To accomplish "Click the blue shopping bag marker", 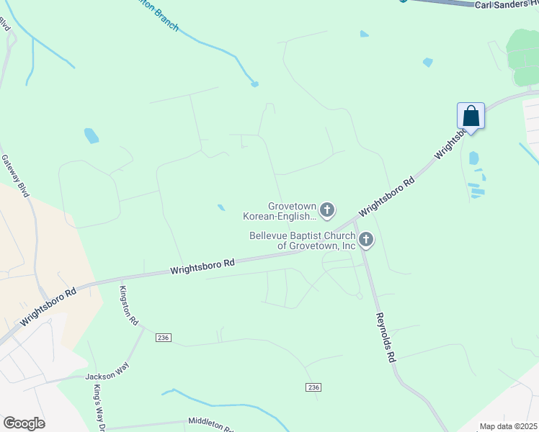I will point(471,116).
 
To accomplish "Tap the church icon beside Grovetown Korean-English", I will point(327,210).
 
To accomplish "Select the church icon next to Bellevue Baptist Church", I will point(366,240).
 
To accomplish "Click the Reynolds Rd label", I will point(385,337).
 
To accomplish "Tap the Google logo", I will point(24,423).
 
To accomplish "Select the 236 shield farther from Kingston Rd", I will point(312,387).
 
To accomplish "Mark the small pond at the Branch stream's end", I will point(254,84).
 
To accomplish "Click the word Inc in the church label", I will point(348,246).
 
